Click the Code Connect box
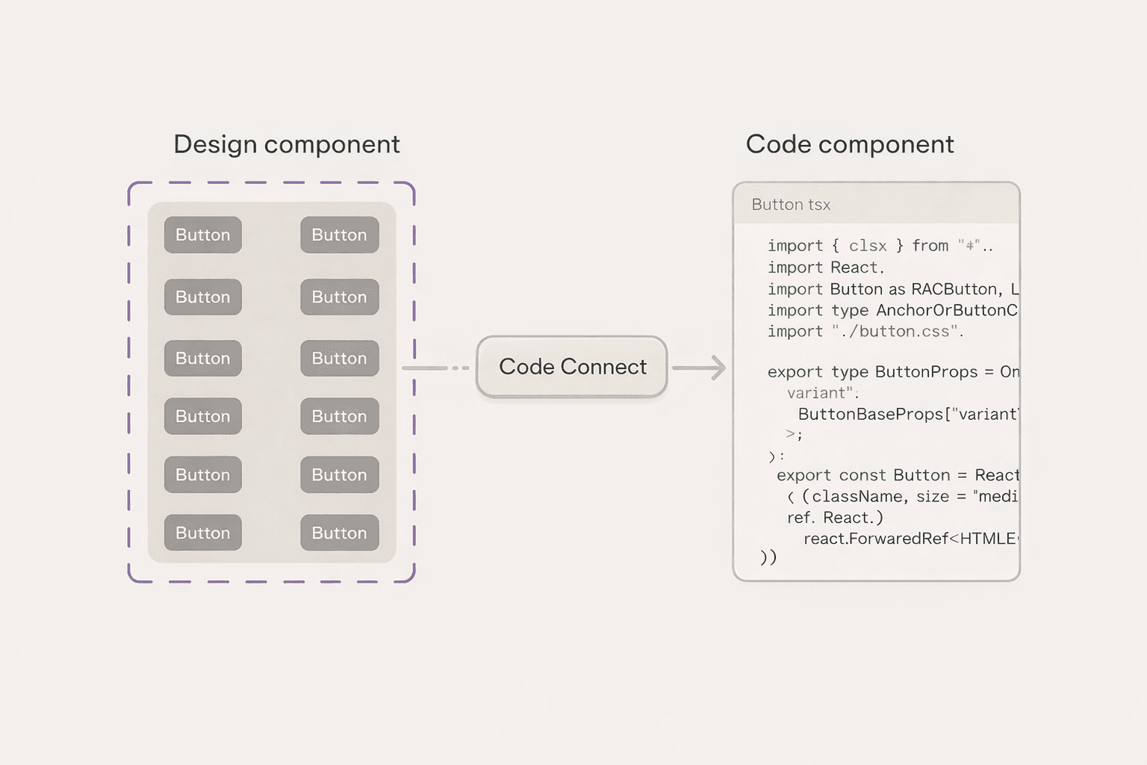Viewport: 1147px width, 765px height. [x=572, y=367]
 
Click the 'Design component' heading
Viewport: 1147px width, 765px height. [x=287, y=144]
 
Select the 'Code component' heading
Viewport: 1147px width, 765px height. [x=850, y=144]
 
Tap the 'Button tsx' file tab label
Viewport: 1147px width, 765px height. [x=791, y=205]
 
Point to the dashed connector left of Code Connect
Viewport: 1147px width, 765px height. [x=436, y=368]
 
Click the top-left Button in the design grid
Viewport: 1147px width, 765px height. [x=203, y=235]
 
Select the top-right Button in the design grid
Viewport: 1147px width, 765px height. [x=340, y=235]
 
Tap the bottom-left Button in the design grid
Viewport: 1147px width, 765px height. [x=203, y=533]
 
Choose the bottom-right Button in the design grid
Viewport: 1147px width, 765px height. [x=340, y=533]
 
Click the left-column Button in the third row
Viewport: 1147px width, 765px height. [x=203, y=359]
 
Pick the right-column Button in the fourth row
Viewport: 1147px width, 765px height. [x=340, y=416]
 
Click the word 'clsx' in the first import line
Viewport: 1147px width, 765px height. [x=868, y=246]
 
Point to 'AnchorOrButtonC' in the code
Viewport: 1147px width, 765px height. [x=946, y=310]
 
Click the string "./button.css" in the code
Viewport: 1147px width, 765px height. [x=896, y=332]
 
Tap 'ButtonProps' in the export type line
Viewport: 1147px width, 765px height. [x=926, y=372]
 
